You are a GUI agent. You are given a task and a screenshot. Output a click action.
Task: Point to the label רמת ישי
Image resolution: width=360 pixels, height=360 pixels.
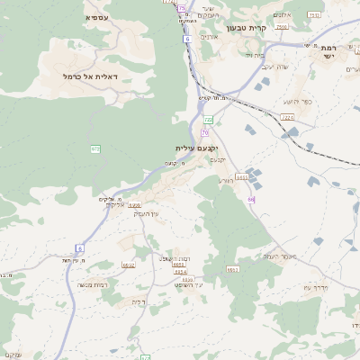(x=328, y=50)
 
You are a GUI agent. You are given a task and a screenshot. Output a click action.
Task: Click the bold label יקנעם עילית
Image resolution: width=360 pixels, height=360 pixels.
(x=197, y=148)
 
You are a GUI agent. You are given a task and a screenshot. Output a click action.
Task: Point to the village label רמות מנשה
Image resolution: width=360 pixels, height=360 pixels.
(x=93, y=283)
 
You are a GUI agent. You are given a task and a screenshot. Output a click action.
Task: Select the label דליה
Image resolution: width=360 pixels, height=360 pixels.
(x=138, y=301)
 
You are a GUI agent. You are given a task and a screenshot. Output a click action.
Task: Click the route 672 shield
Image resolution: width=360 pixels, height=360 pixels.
(x=94, y=148)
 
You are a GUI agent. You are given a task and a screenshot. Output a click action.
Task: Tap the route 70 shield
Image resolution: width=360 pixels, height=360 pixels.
(x=205, y=132)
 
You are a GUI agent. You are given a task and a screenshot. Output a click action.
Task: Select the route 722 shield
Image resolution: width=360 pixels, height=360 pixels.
(x=208, y=119)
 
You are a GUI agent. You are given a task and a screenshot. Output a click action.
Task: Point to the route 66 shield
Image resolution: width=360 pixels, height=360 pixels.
(x=252, y=199)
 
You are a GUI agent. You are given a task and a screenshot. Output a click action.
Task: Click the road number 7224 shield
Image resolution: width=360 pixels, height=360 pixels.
(x=287, y=117)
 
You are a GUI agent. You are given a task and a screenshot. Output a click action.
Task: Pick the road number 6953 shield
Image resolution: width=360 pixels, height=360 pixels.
(x=135, y=205)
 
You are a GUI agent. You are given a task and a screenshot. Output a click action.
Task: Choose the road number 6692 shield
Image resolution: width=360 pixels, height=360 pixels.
(x=129, y=265)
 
